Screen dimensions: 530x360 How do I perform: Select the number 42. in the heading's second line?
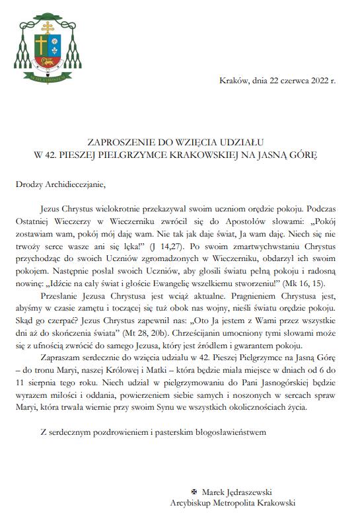tap(61, 156)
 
